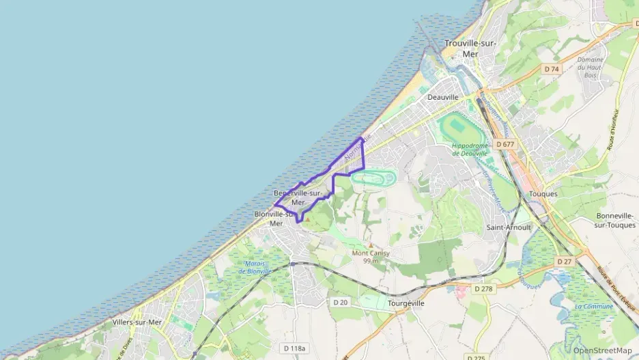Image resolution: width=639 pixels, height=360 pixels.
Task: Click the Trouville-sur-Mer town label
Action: (470, 48)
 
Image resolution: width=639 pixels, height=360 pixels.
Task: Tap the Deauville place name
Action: (442, 97)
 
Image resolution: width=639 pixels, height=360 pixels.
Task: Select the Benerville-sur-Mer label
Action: (297, 197)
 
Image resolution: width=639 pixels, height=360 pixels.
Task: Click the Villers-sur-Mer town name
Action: (137, 322)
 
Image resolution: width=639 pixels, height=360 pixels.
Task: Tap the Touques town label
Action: (543, 193)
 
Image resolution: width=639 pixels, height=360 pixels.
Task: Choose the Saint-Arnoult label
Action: (509, 227)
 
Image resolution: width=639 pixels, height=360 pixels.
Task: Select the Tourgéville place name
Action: (406, 303)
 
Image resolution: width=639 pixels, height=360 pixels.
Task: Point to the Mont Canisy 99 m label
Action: (371, 256)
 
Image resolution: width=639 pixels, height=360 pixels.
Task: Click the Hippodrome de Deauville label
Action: (470, 149)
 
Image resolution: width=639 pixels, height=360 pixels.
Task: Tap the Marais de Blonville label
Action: (255, 267)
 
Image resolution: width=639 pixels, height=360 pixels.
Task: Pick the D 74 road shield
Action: (551, 69)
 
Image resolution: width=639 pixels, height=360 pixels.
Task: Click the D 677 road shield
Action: (506, 144)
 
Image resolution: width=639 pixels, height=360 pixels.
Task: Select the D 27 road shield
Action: (564, 262)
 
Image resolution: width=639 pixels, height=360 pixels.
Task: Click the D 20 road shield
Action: (341, 302)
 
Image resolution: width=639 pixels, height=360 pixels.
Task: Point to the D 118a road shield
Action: (294, 348)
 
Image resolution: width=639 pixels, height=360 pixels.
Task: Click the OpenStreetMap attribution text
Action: (603, 350)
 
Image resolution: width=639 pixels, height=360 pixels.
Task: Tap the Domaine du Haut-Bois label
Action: (591, 67)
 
